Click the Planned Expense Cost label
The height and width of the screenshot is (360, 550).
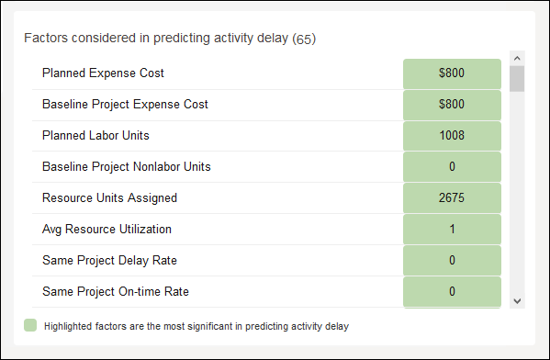(x=103, y=73)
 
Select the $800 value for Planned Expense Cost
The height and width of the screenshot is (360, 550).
(x=452, y=73)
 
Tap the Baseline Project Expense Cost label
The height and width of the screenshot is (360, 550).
(x=125, y=105)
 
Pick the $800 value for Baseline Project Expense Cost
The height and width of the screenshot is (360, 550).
(x=452, y=105)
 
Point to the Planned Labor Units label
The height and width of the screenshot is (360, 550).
(x=95, y=136)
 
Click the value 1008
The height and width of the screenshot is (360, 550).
(x=452, y=136)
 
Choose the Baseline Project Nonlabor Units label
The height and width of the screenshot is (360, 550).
(x=127, y=167)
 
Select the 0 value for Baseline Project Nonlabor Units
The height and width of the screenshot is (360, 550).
(x=452, y=167)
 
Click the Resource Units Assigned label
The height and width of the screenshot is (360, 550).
(x=109, y=198)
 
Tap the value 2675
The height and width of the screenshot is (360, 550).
(x=452, y=198)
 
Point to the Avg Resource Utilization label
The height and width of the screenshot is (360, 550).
(x=107, y=230)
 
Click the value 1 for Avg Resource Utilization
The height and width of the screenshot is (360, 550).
(x=452, y=230)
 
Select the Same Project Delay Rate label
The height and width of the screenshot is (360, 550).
(x=108, y=261)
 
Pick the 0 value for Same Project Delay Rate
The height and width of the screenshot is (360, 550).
(x=452, y=261)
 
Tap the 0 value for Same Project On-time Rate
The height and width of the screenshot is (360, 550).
(x=452, y=292)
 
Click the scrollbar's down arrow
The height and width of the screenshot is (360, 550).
(x=517, y=300)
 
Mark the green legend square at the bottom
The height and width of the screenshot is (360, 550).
(x=30, y=325)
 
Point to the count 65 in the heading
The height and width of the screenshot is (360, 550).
(x=304, y=39)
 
